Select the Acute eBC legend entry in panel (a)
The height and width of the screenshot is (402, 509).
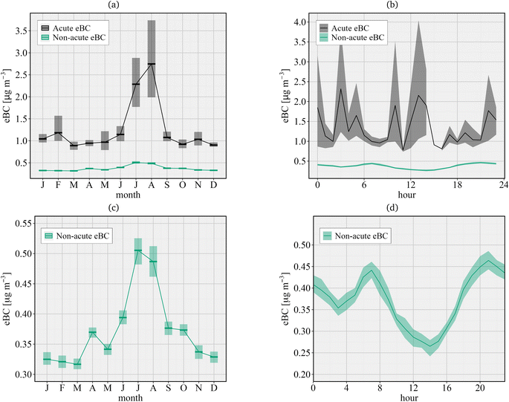(x=71, y=27)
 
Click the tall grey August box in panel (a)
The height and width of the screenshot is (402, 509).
(x=152, y=59)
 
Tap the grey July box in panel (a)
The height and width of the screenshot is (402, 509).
(x=136, y=82)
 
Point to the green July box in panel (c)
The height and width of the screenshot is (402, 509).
(x=137, y=251)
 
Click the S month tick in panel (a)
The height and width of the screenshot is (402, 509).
(x=168, y=184)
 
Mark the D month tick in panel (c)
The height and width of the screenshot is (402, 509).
(x=214, y=388)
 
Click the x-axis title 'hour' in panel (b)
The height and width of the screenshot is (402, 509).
(x=408, y=194)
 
